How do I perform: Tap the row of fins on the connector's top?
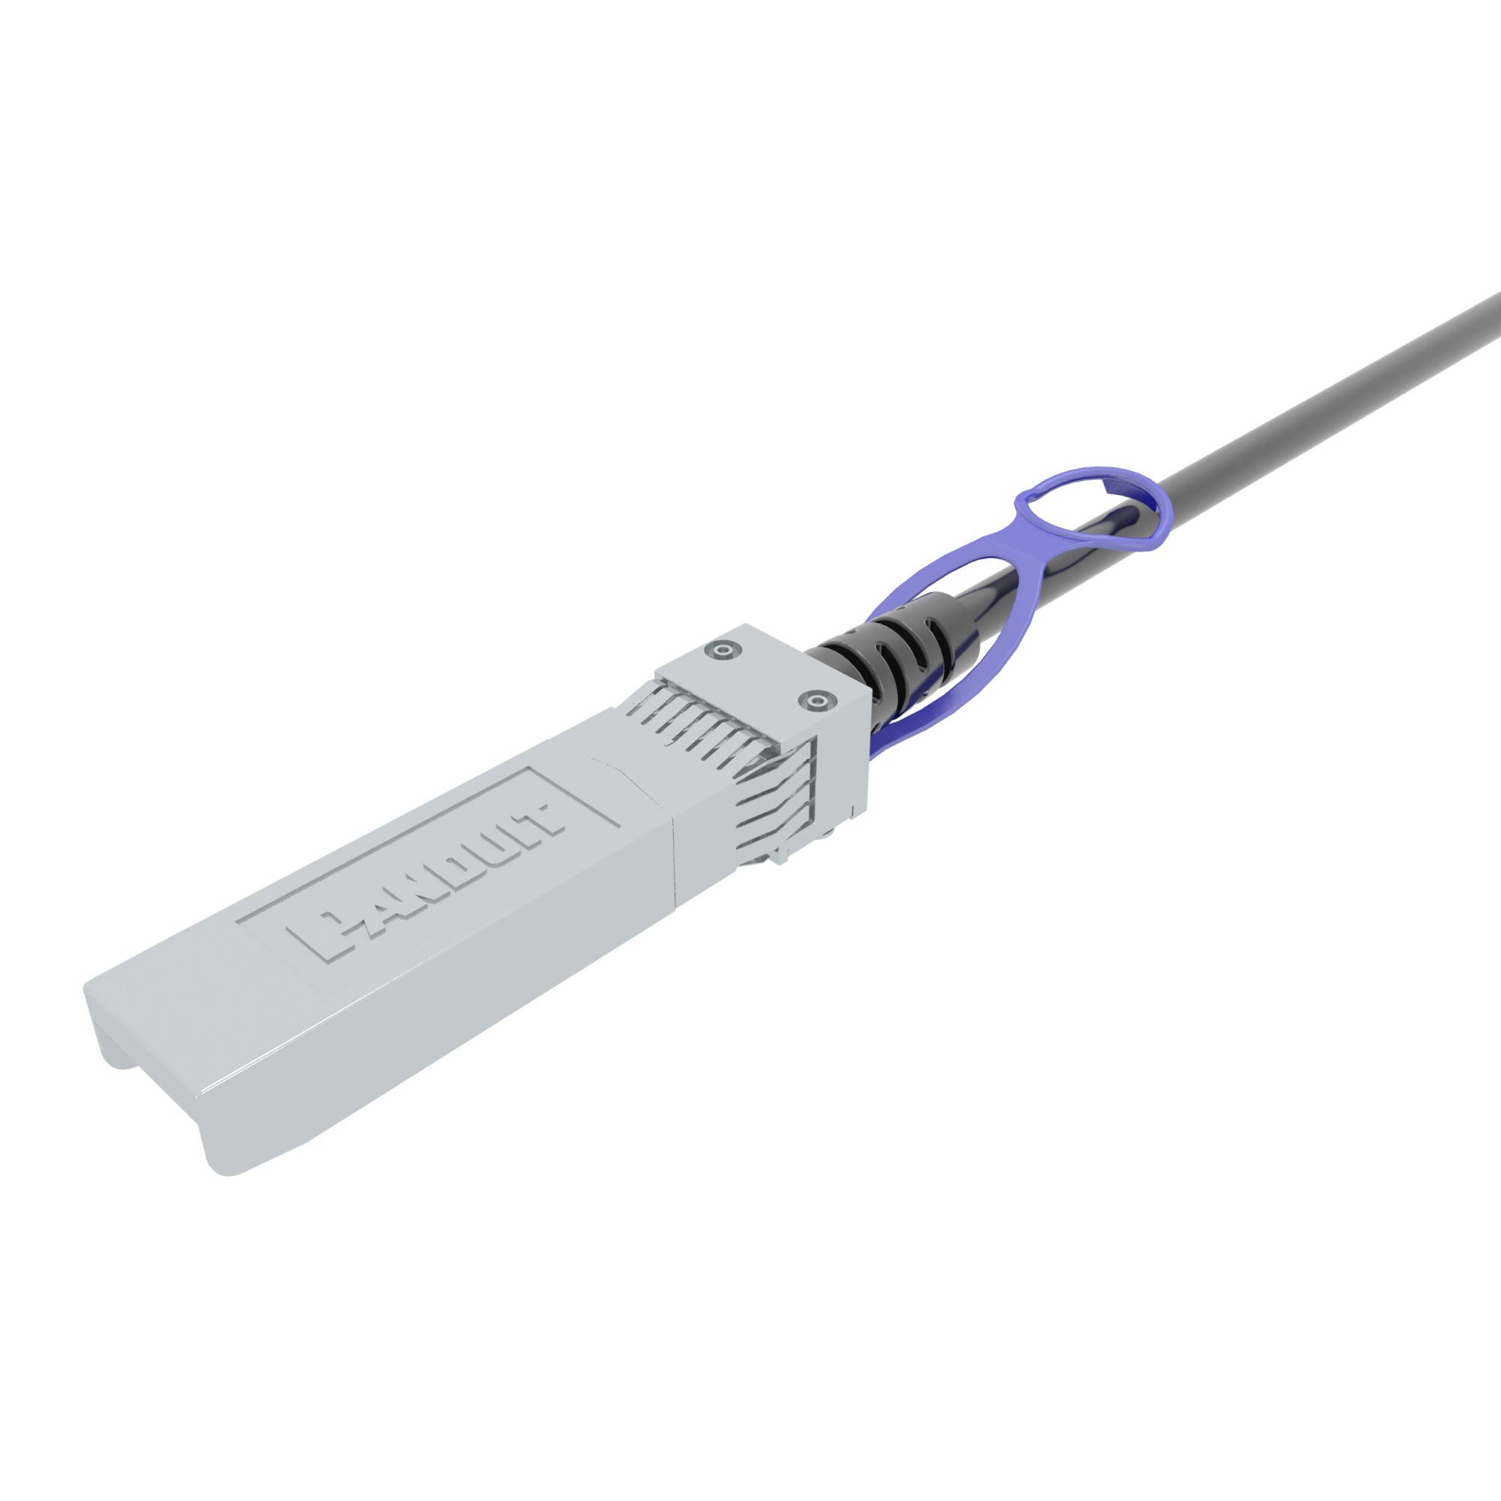coord(699,719)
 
